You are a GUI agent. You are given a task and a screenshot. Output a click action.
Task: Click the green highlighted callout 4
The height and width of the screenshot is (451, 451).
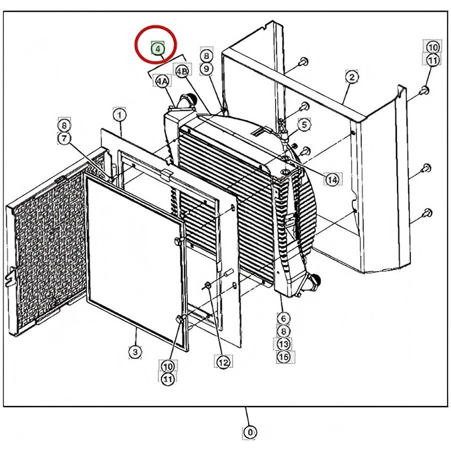tap(157, 48)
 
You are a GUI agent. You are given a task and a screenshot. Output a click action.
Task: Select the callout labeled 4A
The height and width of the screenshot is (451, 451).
tap(162, 82)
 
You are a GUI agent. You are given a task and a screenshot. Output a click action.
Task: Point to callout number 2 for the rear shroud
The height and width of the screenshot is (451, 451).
tap(351, 77)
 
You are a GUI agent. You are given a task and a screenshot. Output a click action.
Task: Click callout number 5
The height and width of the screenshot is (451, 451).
tap(304, 125)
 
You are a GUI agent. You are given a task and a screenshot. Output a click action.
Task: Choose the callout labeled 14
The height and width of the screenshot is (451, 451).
tap(331, 179)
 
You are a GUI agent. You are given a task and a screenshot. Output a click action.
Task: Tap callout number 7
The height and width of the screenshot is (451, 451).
tap(65, 138)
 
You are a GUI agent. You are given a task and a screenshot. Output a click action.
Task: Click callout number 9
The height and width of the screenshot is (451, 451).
tap(206, 68)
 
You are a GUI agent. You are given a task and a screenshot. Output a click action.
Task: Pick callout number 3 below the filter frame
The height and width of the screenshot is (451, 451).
tap(135, 352)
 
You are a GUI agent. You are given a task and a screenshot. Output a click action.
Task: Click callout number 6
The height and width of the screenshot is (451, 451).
tap(282, 319)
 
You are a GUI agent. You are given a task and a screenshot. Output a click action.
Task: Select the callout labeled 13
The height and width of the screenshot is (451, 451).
tap(282, 343)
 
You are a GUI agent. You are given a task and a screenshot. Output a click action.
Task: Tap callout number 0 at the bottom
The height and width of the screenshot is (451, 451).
tap(247, 433)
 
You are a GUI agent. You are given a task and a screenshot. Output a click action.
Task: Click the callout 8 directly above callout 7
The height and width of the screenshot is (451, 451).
tap(65, 125)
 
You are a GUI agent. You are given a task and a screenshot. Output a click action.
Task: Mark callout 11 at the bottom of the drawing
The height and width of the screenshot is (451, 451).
tap(167, 379)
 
